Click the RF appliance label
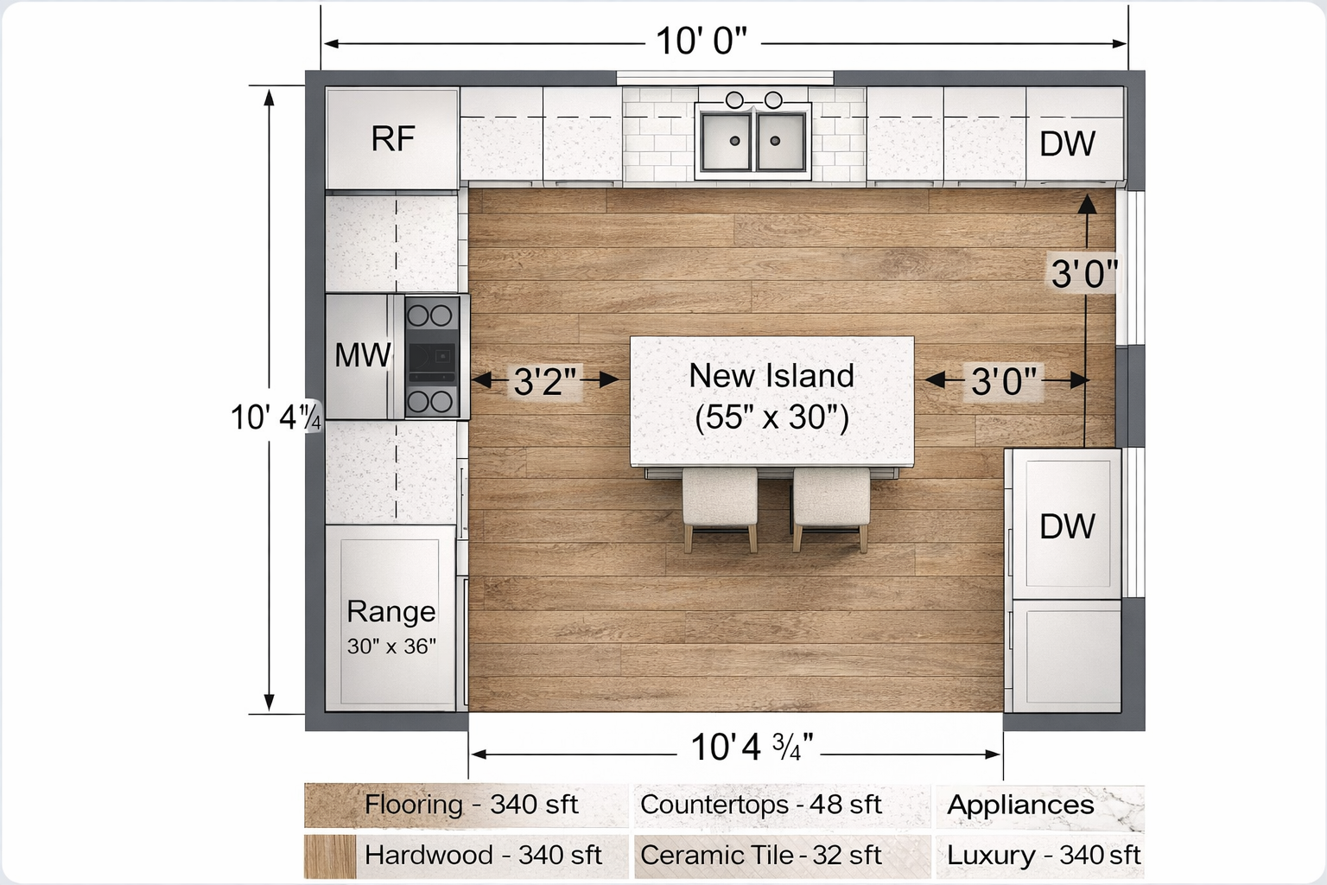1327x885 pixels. pyautogui.click(x=393, y=139)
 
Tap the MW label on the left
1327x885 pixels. pyautogui.click(x=363, y=355)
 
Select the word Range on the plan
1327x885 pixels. pyautogui.click(x=390, y=612)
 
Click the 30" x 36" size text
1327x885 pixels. pyautogui.click(x=391, y=646)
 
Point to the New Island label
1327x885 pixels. pyautogui.click(x=771, y=376)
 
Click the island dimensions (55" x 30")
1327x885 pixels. pyautogui.click(x=771, y=417)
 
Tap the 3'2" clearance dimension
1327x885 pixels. pyautogui.click(x=544, y=380)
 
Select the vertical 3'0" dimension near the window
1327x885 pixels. pyautogui.click(x=1083, y=274)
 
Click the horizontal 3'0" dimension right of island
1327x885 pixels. pyautogui.click(x=1003, y=380)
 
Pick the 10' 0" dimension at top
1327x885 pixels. pyautogui.click(x=701, y=41)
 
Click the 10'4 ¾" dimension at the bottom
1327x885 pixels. pyautogui.click(x=751, y=748)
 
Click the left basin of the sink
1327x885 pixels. pyautogui.click(x=727, y=141)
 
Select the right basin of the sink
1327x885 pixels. pyautogui.click(x=781, y=141)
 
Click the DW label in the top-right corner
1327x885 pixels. pyautogui.click(x=1067, y=144)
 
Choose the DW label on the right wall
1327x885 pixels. pyautogui.click(x=1067, y=526)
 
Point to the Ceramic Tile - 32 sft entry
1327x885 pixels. pyautogui.click(x=760, y=856)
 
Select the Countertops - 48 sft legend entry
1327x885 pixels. pyautogui.click(x=760, y=805)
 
